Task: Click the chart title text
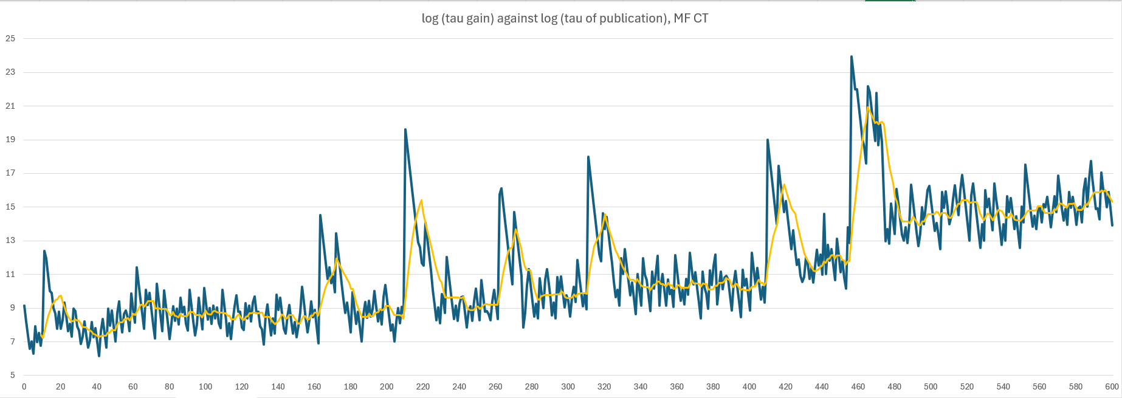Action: [x=565, y=18]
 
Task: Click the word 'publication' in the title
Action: [x=631, y=18]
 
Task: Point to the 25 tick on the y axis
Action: [x=10, y=38]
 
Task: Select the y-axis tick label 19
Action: [x=10, y=140]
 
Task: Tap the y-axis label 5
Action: [x=12, y=376]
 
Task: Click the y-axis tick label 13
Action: [x=10, y=241]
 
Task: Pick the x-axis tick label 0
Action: [x=24, y=386]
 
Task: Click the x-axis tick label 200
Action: [x=387, y=386]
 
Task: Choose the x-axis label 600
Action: [x=1112, y=386]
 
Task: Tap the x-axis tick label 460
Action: [x=858, y=386]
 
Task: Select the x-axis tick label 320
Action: [x=604, y=386]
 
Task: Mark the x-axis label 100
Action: [x=205, y=386]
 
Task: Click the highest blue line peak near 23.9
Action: [x=852, y=57]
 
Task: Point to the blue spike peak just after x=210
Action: [x=405, y=129]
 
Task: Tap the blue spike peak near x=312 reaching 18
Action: [x=588, y=157]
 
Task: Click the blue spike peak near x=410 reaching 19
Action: [x=768, y=140]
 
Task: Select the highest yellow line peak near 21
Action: [x=868, y=108]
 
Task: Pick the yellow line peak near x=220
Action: [x=421, y=201]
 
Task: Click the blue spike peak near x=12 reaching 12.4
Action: [x=44, y=250]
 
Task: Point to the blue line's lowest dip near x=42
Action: [x=99, y=355]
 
